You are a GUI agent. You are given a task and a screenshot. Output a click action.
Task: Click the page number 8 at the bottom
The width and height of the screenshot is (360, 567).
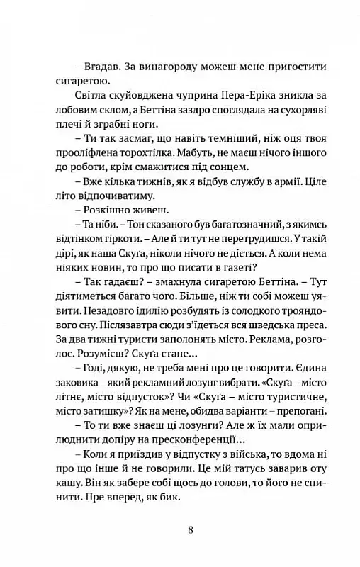pyautogui.click(x=180, y=529)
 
